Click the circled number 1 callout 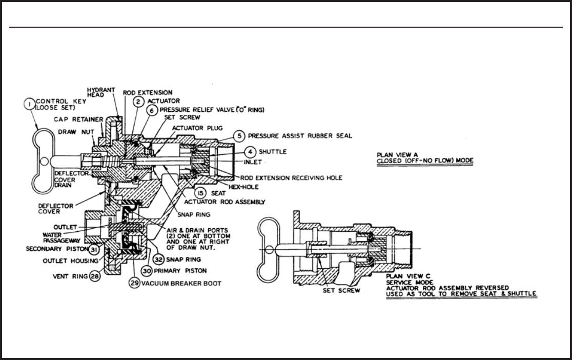[x=30, y=105]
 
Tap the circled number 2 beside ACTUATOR [x=138, y=101]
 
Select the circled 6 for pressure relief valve [x=152, y=110]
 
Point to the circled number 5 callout [x=239, y=136]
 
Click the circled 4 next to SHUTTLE [x=250, y=152]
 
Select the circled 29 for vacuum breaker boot [x=133, y=283]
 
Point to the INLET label [x=253, y=163]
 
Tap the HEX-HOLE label [x=241, y=187]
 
